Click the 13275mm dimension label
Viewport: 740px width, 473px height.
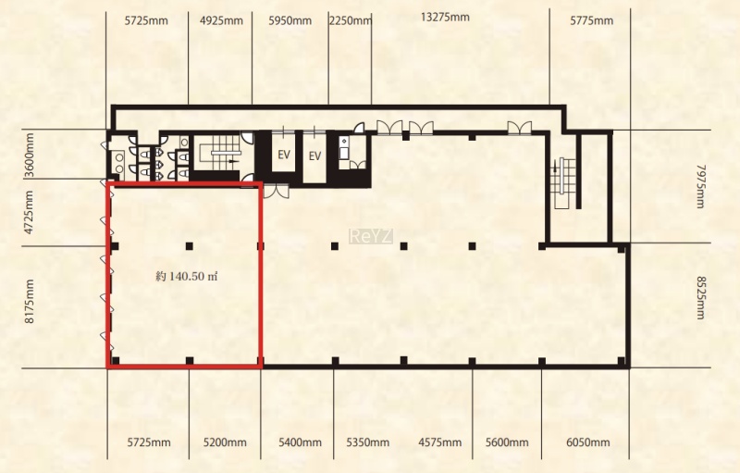[445, 18]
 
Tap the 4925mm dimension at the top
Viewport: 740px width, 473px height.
[221, 20]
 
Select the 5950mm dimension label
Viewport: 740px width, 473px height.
[290, 20]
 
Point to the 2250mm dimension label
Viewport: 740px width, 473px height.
[351, 20]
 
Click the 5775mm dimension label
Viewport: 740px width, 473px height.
[591, 20]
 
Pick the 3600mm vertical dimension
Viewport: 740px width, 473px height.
[30, 156]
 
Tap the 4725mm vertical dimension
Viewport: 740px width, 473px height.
[30, 212]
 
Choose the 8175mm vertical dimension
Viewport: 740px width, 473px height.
[30, 301]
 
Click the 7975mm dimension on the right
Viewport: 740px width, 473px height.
[701, 186]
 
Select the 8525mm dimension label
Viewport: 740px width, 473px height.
[701, 298]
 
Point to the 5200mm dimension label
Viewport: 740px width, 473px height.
[225, 442]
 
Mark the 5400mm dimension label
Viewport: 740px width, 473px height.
[300, 442]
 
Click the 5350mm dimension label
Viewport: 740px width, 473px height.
[368, 442]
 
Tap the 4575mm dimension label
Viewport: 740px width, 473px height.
[440, 442]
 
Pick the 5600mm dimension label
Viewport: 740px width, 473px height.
[507, 442]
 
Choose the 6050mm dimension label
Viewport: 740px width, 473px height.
[588, 442]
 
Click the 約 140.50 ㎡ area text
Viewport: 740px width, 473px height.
[187, 277]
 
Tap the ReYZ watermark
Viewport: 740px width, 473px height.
[371, 237]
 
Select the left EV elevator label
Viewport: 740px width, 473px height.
[284, 155]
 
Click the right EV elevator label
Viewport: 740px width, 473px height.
[314, 156]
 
